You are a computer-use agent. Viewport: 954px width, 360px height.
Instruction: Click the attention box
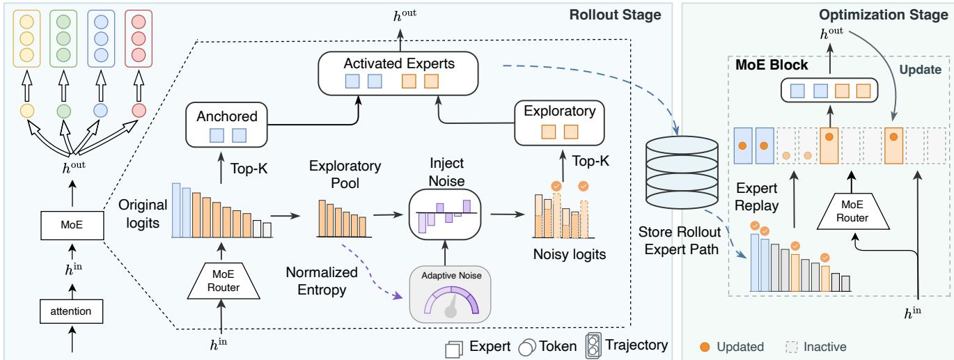(71, 311)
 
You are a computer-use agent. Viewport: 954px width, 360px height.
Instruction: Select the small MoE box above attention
(72, 225)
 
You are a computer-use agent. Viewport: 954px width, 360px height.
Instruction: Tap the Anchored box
(226, 125)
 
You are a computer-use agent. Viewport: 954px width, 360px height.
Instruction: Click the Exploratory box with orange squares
(559, 123)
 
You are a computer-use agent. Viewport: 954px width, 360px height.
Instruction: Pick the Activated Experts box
(398, 74)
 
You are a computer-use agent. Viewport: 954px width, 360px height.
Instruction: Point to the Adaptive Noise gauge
(450, 295)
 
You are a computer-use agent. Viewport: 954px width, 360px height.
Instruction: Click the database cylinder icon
(682, 172)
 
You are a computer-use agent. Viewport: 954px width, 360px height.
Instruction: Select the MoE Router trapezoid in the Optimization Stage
(852, 212)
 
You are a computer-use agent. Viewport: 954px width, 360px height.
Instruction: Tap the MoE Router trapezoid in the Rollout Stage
(224, 281)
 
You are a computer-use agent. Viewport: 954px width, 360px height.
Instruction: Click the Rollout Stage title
(615, 15)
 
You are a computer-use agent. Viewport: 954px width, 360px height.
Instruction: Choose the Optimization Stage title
(884, 15)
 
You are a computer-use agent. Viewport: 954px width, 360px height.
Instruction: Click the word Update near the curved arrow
(920, 70)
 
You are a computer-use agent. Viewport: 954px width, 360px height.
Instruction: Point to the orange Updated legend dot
(705, 347)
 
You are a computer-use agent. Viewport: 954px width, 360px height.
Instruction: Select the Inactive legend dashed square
(792, 347)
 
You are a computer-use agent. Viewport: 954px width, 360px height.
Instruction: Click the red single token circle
(139, 111)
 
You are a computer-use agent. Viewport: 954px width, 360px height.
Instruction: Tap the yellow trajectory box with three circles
(27, 39)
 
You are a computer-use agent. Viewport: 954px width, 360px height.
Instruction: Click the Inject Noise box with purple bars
(445, 214)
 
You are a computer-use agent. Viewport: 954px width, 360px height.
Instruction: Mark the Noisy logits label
(570, 254)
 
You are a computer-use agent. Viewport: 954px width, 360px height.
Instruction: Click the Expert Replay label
(757, 197)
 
